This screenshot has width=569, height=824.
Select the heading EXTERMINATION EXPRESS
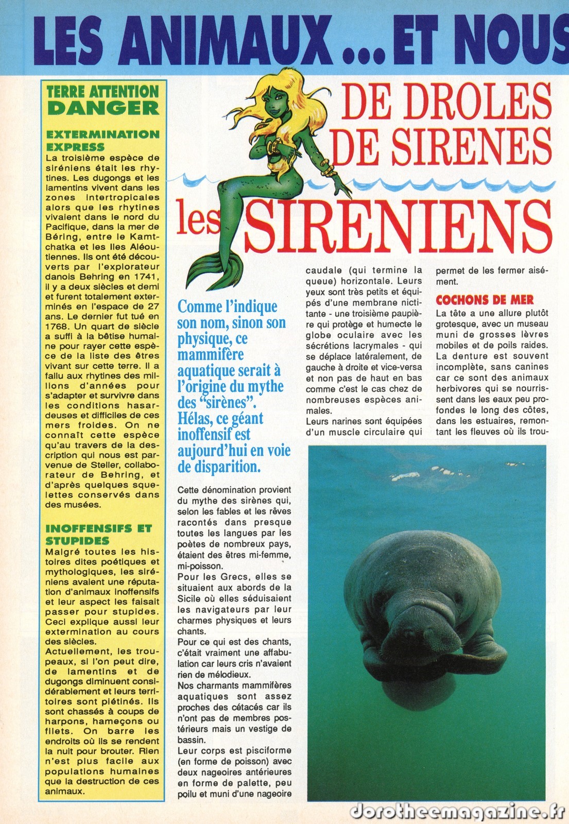point(102,140)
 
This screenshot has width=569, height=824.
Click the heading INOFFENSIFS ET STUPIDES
point(98,534)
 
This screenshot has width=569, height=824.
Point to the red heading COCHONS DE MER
point(485,300)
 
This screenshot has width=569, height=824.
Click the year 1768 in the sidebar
point(57,326)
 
